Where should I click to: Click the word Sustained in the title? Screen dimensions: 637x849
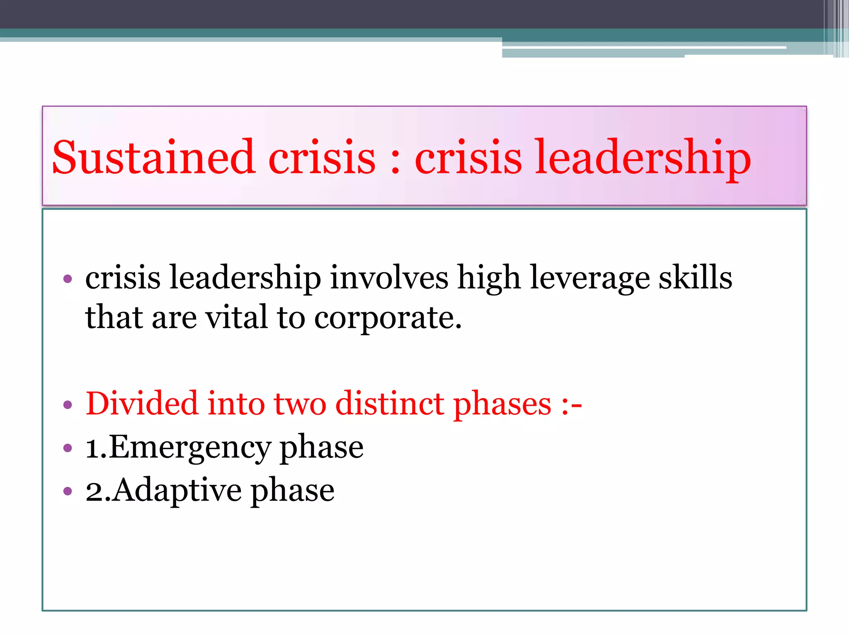[x=153, y=158]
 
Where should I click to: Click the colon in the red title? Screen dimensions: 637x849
[x=395, y=160]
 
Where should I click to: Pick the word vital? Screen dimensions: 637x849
[x=236, y=317]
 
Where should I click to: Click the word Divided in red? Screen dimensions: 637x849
[x=141, y=403]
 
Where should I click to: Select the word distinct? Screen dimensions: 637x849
[x=389, y=403]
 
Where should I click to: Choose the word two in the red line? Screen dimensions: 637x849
[x=300, y=404]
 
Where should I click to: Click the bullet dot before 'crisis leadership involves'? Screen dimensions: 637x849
[x=68, y=278]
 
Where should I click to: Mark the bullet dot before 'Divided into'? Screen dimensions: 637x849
[x=68, y=404]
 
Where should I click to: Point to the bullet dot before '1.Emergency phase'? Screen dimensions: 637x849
[x=68, y=448]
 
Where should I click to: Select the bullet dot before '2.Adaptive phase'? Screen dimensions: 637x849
[x=68, y=491]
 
